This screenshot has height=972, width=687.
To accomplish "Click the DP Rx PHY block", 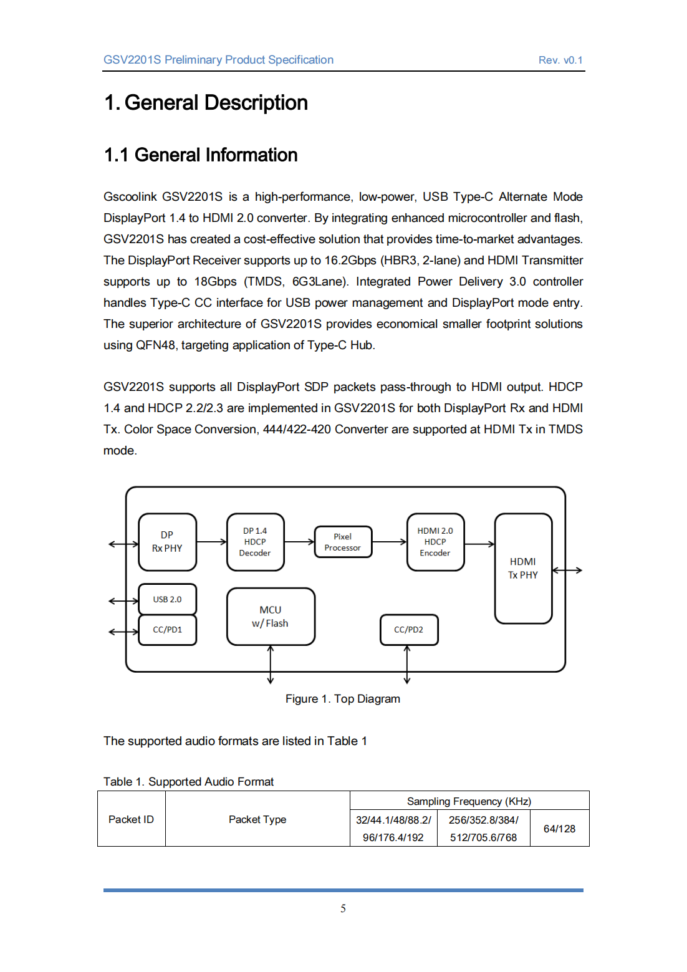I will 167,542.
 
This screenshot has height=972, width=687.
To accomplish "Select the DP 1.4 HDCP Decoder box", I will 255,542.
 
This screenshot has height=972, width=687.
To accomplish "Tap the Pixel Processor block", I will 343,542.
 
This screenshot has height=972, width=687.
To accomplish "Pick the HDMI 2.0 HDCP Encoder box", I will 435,542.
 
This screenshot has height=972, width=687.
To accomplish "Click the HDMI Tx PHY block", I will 523,568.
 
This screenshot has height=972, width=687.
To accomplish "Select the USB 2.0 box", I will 167,599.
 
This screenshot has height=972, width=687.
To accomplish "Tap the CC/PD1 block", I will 167,630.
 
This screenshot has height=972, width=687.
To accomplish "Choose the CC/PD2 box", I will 409,630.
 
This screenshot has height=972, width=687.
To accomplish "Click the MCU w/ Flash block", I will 271,616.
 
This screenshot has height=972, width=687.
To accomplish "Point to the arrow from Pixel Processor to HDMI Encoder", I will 390,542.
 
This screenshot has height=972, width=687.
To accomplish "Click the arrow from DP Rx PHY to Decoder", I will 212,542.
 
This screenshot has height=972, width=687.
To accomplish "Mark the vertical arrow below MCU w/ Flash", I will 271,665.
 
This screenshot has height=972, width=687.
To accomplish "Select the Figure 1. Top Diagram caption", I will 343,699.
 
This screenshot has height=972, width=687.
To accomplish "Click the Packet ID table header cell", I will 131,819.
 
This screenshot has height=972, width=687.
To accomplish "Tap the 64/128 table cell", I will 559,829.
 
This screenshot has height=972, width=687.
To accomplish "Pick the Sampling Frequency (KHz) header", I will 469,801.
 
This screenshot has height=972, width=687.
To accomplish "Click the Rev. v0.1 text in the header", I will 560,60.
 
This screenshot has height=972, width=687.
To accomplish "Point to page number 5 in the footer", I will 343,908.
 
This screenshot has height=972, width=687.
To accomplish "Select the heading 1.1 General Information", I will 201,155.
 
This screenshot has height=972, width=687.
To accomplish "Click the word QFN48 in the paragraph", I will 156,345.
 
